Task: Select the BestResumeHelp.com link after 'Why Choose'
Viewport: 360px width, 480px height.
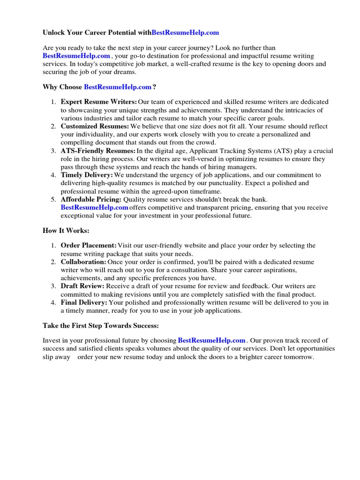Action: (x=118, y=87)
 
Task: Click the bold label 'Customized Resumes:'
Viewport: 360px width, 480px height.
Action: (x=95, y=126)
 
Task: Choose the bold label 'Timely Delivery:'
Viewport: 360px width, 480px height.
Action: (x=87, y=175)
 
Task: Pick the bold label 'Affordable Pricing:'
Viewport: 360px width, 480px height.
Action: (x=91, y=199)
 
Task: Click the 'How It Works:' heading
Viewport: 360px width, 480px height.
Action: (x=66, y=231)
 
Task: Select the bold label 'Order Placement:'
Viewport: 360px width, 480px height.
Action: (x=89, y=246)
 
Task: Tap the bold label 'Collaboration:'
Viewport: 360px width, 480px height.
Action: (x=83, y=262)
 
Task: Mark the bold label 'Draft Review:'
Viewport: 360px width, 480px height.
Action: (x=83, y=286)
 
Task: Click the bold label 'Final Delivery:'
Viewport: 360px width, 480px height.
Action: (x=84, y=302)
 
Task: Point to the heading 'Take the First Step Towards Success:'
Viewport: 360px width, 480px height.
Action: (x=101, y=325)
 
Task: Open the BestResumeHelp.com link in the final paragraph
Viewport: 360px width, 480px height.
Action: (x=212, y=340)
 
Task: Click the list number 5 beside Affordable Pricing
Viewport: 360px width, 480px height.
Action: (x=53, y=199)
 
